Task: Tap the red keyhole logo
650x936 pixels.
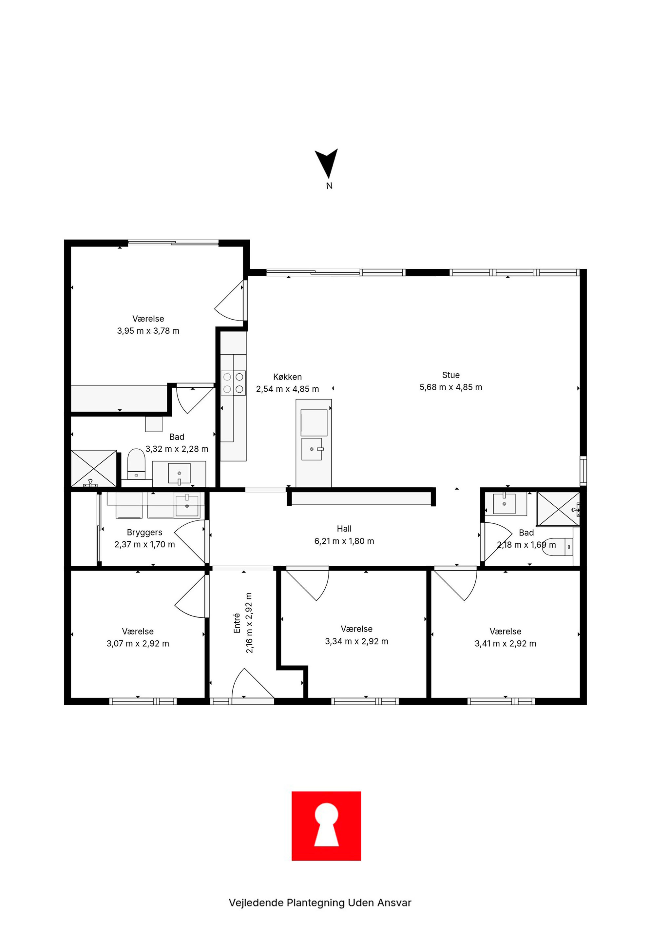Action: tap(326, 826)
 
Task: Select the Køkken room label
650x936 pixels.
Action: tap(288, 377)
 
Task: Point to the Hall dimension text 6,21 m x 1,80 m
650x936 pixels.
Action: tap(344, 541)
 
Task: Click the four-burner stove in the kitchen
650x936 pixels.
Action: tap(233, 383)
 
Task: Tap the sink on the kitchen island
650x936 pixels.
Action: tap(312, 449)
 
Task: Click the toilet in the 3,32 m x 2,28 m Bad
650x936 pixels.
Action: tap(136, 464)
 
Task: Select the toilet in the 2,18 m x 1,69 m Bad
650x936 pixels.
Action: tap(564, 547)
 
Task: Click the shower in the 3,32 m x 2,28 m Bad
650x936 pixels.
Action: tap(94, 468)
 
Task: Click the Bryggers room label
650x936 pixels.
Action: tap(144, 532)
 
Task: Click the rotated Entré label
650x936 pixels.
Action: tap(237, 623)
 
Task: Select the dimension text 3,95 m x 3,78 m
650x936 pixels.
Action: tap(148, 331)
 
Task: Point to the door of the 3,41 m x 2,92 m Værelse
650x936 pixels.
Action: tap(456, 585)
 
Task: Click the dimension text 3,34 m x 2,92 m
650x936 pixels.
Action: tap(357, 641)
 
